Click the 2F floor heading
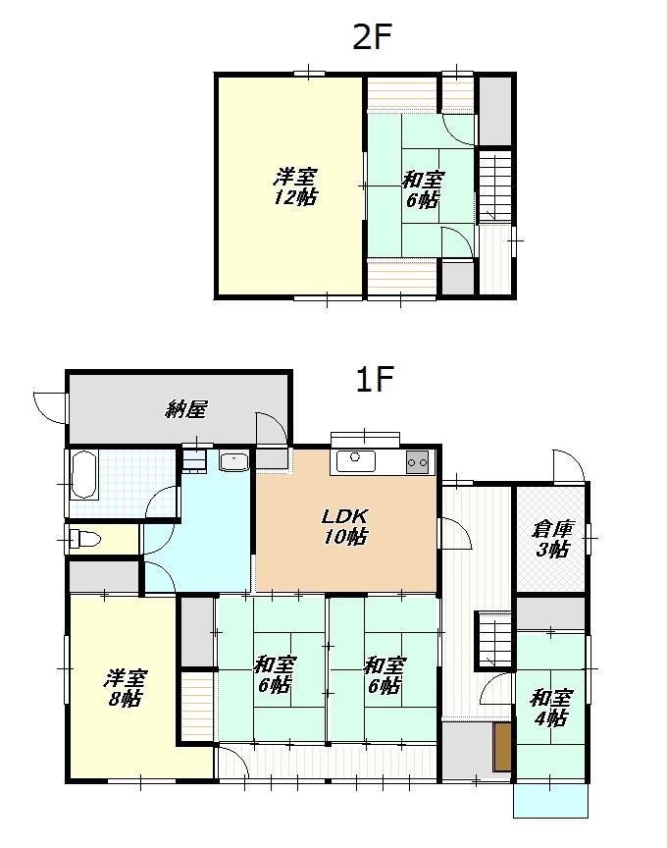tap(372, 37)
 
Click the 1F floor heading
tap(374, 379)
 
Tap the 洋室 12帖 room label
tap(295, 186)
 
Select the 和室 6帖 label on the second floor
tap(423, 189)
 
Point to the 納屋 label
tap(186, 409)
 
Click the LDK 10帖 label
tap(345, 526)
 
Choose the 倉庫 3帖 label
tap(551, 539)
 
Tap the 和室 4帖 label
tap(550, 708)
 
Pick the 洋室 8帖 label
tap(126, 688)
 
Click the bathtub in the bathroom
tap(83, 474)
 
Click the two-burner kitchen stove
tap(417, 462)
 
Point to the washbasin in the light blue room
tap(233, 461)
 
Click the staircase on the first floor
tap(493, 641)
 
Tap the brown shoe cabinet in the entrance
tap(502, 746)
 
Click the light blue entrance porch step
tap(550, 801)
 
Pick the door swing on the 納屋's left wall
tap(50, 406)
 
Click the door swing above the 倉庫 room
tap(569, 465)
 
